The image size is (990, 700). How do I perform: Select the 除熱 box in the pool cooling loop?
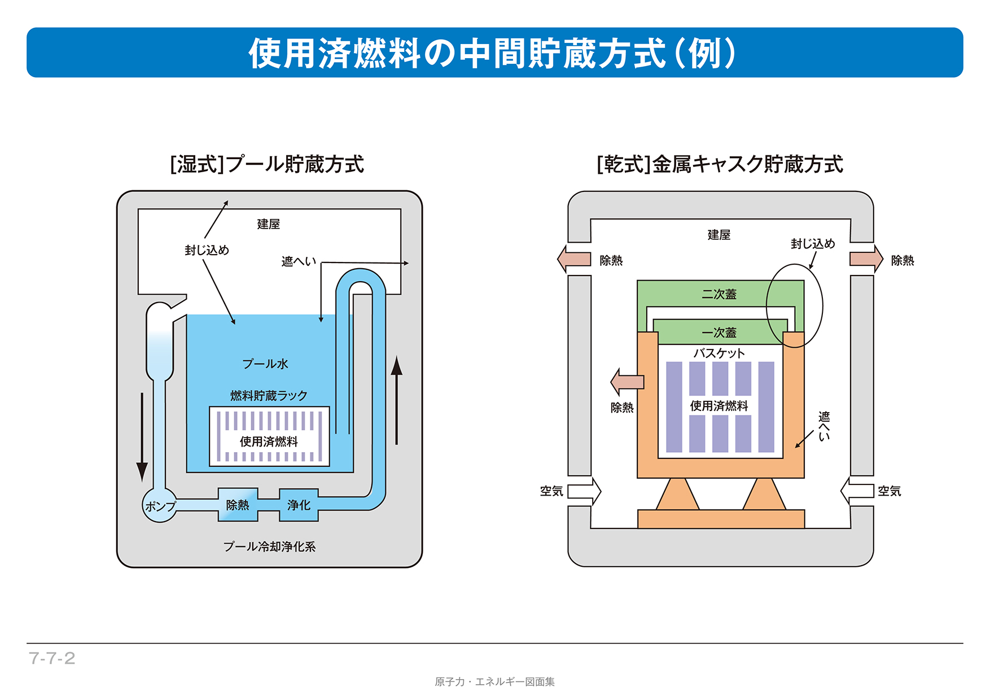(x=238, y=505)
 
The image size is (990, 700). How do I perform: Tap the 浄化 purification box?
(x=299, y=505)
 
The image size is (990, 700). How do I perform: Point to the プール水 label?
(x=265, y=364)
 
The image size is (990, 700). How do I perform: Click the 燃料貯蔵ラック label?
(x=269, y=396)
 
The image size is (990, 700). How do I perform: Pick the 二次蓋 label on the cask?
(x=719, y=294)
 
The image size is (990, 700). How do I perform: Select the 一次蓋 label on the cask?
(x=719, y=333)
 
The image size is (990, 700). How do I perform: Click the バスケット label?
(x=719, y=353)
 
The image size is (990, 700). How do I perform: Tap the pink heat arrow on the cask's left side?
(x=627, y=382)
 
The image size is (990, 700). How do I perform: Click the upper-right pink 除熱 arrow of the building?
(x=866, y=259)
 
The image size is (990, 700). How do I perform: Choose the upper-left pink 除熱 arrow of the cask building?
(x=574, y=260)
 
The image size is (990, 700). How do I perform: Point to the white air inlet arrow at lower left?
(x=584, y=491)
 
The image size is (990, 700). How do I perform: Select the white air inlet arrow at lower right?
(x=857, y=491)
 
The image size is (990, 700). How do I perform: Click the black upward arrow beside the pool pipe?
(x=397, y=400)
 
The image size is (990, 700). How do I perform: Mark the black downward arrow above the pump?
(x=142, y=438)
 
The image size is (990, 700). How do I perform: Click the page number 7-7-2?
(x=52, y=658)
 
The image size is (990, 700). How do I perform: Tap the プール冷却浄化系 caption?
(x=269, y=546)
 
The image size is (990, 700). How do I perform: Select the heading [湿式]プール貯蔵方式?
(x=267, y=164)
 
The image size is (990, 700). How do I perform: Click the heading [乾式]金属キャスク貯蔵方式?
(x=720, y=164)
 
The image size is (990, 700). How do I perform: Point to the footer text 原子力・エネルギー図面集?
(x=494, y=682)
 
